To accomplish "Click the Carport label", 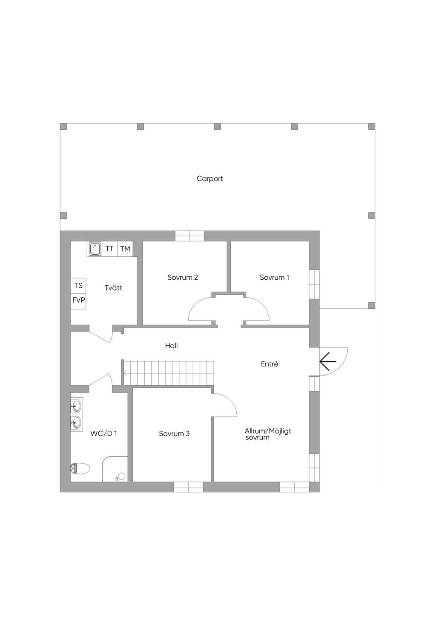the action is point(209,179).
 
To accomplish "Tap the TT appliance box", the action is point(109,249).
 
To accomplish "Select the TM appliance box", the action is point(125,249).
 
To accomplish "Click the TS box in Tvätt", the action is point(78,286).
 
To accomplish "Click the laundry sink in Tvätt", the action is point(95,249).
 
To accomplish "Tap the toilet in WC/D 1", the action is point(80,468).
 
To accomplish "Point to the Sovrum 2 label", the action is point(183,277).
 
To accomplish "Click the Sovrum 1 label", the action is point(274,277).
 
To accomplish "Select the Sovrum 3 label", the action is point(174,433).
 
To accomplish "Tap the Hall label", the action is point(171,345).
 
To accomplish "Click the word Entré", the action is point(270,364).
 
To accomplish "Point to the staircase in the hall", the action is point(168,373).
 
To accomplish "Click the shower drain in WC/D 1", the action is point(121,476).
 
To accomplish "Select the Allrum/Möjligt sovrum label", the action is point(268,434).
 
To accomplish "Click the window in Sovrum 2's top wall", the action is point(190,236).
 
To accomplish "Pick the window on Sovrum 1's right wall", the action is point(314,284).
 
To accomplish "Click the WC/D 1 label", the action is point(103,433).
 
